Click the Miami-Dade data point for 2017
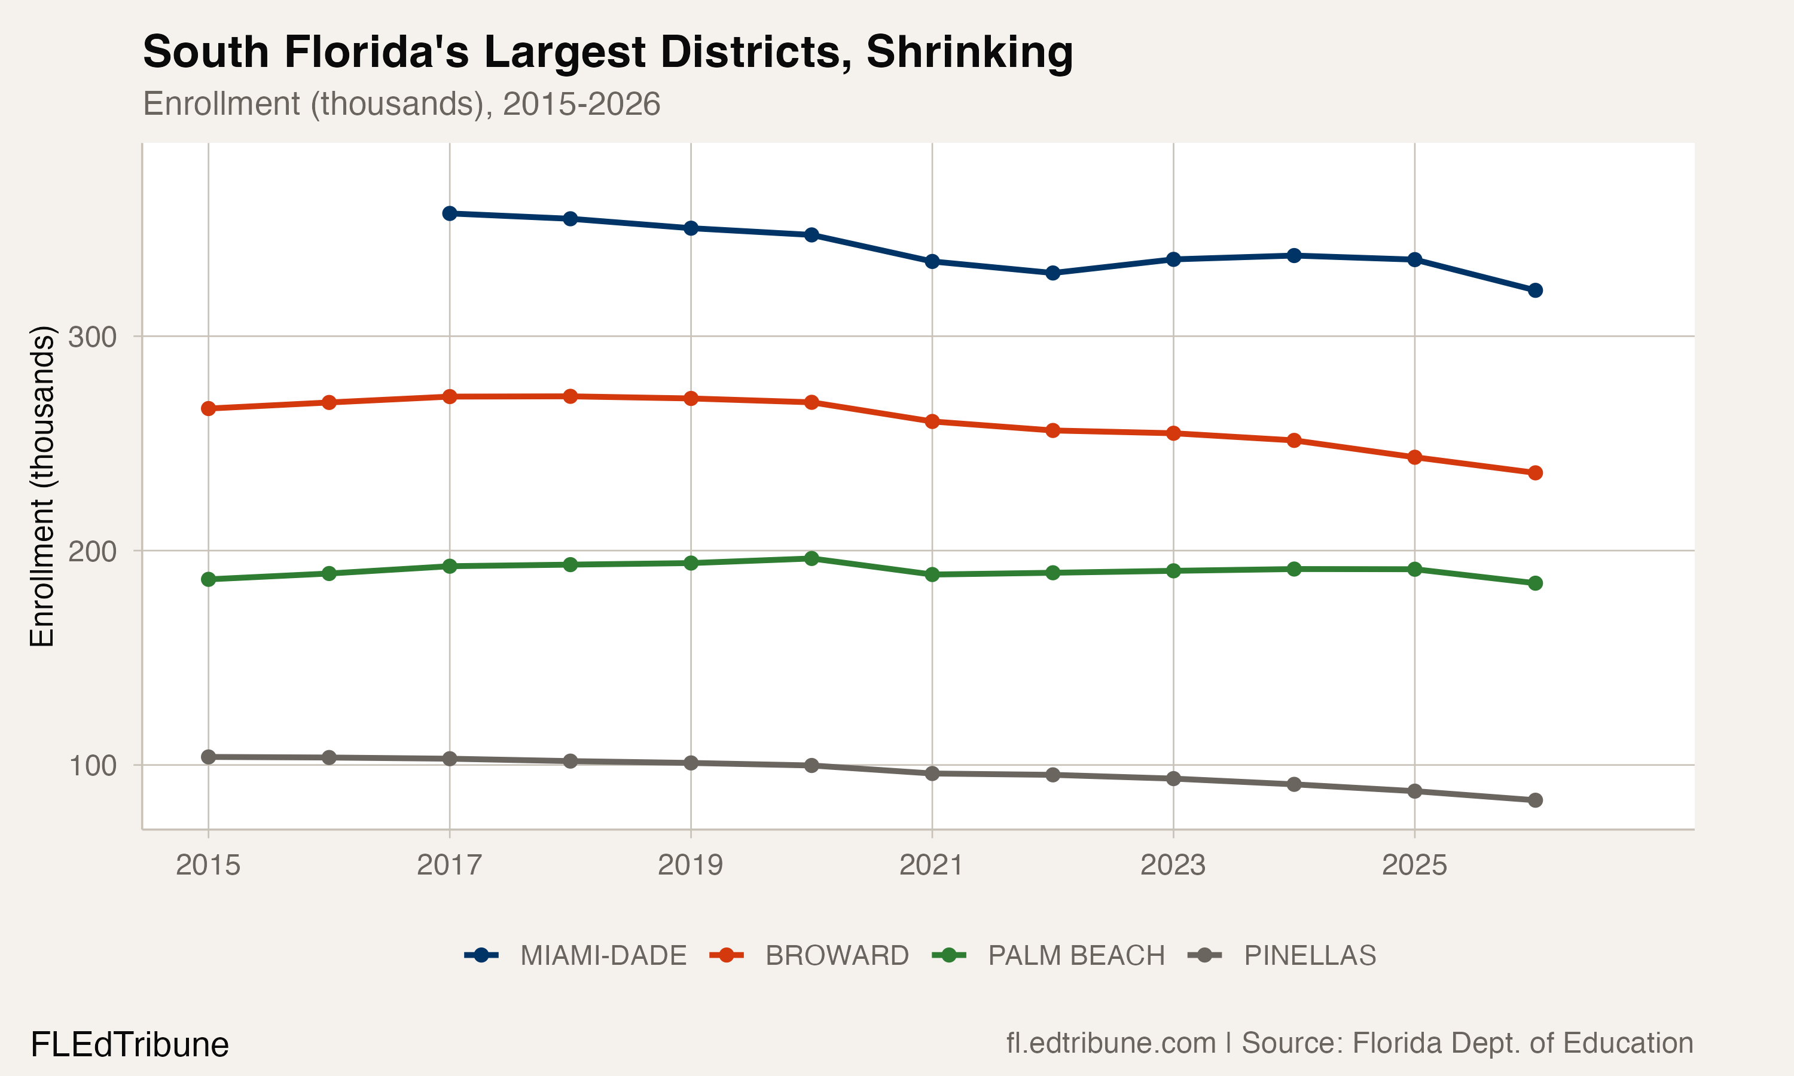click(450, 213)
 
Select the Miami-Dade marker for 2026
click(1535, 290)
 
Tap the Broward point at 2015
click(208, 408)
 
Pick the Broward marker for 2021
click(932, 421)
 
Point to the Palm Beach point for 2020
click(811, 558)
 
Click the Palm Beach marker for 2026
click(1535, 583)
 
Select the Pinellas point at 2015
click(208, 757)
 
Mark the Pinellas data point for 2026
click(1535, 800)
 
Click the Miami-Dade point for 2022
click(1053, 273)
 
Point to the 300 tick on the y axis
click(92, 337)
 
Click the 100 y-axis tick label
click(92, 766)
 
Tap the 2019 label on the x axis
click(689, 865)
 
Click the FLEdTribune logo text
click(130, 1045)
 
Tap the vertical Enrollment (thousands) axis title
click(42, 486)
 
